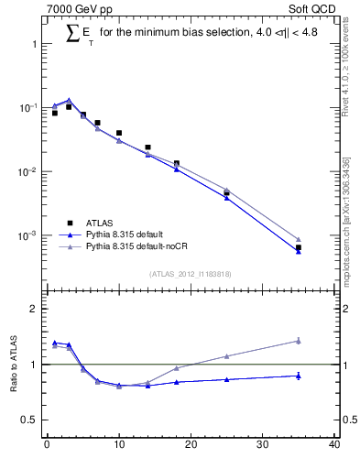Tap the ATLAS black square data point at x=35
pos(299,247)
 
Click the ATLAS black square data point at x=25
pos(226,193)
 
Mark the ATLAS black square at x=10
pos(119,133)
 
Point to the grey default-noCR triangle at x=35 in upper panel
pos(299,239)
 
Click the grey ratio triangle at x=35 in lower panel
pos(299,341)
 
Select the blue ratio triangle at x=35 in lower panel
pos(299,376)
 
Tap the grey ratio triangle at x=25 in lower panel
pos(226,355)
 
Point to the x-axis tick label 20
pos(191,446)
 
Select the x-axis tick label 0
pos(47,446)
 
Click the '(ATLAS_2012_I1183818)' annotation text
pos(191,273)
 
